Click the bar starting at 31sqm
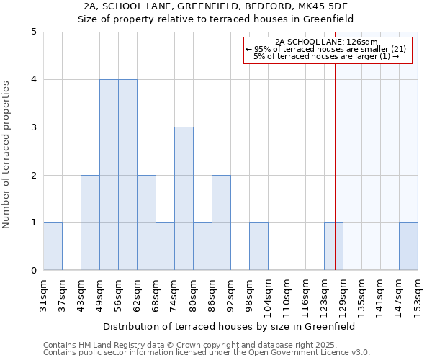(x=53, y=247)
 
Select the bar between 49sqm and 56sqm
(x=109, y=175)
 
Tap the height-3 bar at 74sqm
(x=184, y=199)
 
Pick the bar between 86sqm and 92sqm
(x=221, y=222)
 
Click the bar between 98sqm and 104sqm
(x=258, y=247)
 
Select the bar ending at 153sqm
(x=408, y=247)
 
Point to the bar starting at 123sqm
(x=333, y=247)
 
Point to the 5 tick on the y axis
(x=34, y=32)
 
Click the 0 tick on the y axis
(x=34, y=271)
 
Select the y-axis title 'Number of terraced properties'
(x=6, y=155)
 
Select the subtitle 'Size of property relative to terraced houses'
(x=216, y=19)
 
